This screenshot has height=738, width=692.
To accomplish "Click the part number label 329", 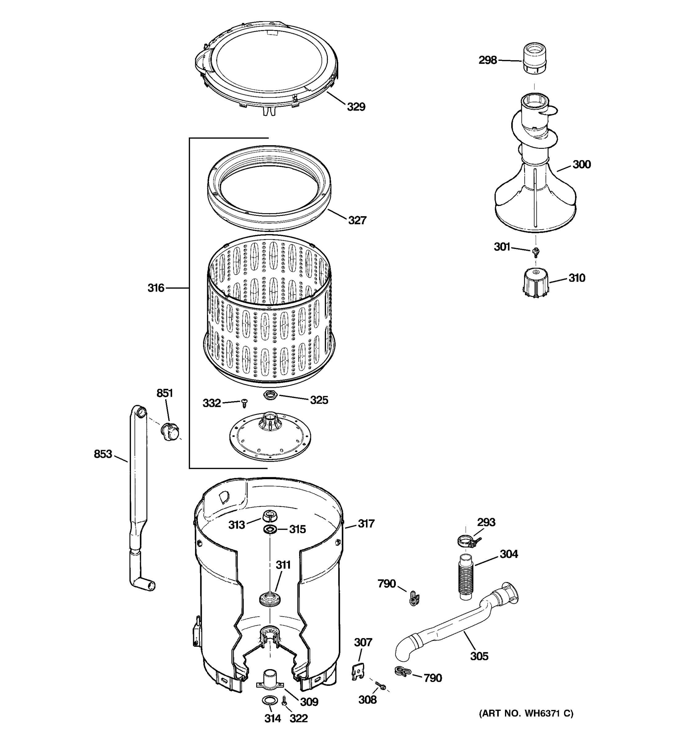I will pyautogui.click(x=356, y=107).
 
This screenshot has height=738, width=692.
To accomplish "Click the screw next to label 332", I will pyautogui.click(x=244, y=403).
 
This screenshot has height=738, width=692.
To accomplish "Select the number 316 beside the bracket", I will pyautogui.click(x=156, y=288).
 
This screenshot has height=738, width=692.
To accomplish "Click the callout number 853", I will pyautogui.click(x=103, y=454).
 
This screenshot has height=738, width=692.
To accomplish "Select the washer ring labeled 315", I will pyautogui.click(x=270, y=529).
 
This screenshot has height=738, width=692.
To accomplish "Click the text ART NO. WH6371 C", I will pyautogui.click(x=526, y=713).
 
